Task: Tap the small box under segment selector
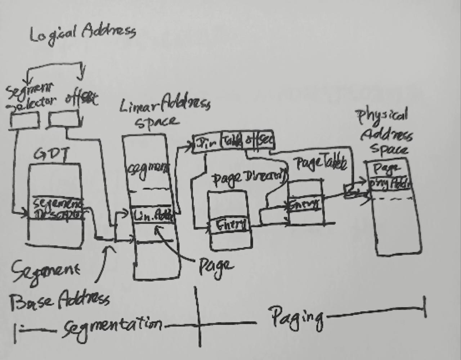pos(24,120)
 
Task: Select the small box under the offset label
pos(64,119)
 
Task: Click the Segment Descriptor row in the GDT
pos(58,209)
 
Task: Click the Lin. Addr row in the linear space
pos(153,216)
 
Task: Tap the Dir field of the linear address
pos(207,143)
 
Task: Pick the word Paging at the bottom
pos(297,317)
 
